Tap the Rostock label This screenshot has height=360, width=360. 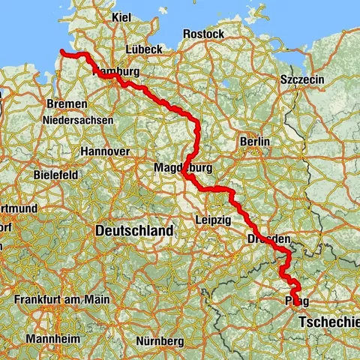click(x=204, y=34)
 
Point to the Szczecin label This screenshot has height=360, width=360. click(x=300, y=79)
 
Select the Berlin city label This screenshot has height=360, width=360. click(x=254, y=141)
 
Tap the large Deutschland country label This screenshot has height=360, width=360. click(x=134, y=231)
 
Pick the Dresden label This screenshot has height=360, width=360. click(x=268, y=238)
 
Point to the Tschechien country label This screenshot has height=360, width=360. click(x=328, y=322)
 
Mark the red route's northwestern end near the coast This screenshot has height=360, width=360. click(x=62, y=52)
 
